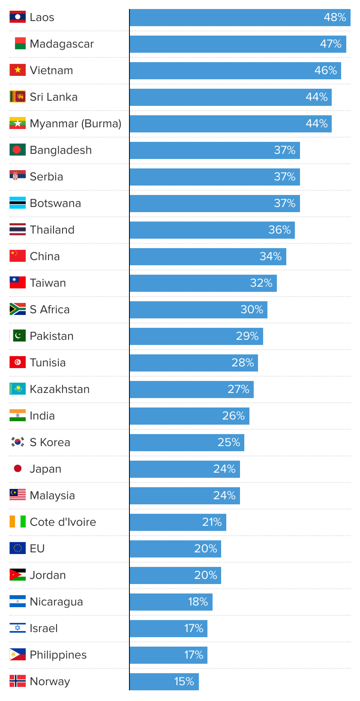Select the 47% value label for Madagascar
pos(330,44)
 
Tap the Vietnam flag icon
pos(18,70)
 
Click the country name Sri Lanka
pos(54,97)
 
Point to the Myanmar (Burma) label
pos(75,124)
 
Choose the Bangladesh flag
pos(18,150)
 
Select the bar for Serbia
pos(206,177)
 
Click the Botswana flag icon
pos(18,203)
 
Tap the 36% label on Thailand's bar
pos(279,230)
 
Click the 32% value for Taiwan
pos(261,283)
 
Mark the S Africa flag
pos(18,309)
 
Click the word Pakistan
pos(51,336)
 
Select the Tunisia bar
pos(184,363)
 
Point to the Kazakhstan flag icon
pos(18,389)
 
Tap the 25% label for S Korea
pos(229,443)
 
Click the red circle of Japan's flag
pos(18,468)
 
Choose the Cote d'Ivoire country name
pos(63,522)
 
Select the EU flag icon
pos(18,548)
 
